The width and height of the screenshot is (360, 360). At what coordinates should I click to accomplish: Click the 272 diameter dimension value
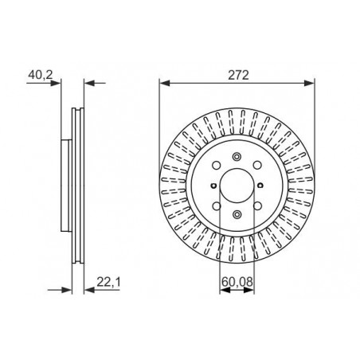click(x=238, y=75)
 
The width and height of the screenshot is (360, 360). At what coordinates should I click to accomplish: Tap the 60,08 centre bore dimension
click(x=237, y=281)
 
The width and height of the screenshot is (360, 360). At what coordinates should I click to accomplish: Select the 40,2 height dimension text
click(x=41, y=75)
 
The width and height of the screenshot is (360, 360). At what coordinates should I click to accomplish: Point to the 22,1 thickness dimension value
click(x=108, y=282)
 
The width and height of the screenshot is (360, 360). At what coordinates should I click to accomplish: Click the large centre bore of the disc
click(x=237, y=185)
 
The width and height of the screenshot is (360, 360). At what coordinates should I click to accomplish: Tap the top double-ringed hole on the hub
click(x=237, y=157)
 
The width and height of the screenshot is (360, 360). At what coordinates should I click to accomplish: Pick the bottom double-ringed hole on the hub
click(x=237, y=214)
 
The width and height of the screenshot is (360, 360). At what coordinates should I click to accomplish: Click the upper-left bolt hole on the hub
click(x=217, y=165)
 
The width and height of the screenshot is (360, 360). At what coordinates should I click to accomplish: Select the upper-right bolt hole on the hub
click(x=257, y=165)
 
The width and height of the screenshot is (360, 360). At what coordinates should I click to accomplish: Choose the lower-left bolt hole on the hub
click(x=217, y=205)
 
